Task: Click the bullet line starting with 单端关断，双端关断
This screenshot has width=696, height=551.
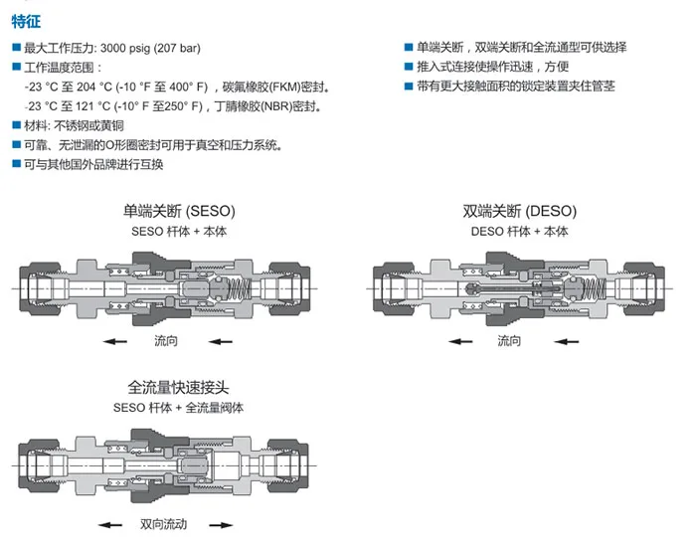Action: (521, 47)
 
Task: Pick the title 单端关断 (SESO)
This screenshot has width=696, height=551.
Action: (179, 211)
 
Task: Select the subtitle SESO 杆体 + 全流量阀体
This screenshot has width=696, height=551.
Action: (180, 407)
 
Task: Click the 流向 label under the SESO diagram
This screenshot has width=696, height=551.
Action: (167, 341)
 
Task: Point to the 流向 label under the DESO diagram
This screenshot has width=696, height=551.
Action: (509, 341)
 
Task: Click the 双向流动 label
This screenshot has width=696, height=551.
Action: (164, 524)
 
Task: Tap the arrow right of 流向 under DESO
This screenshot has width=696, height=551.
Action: (561, 341)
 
